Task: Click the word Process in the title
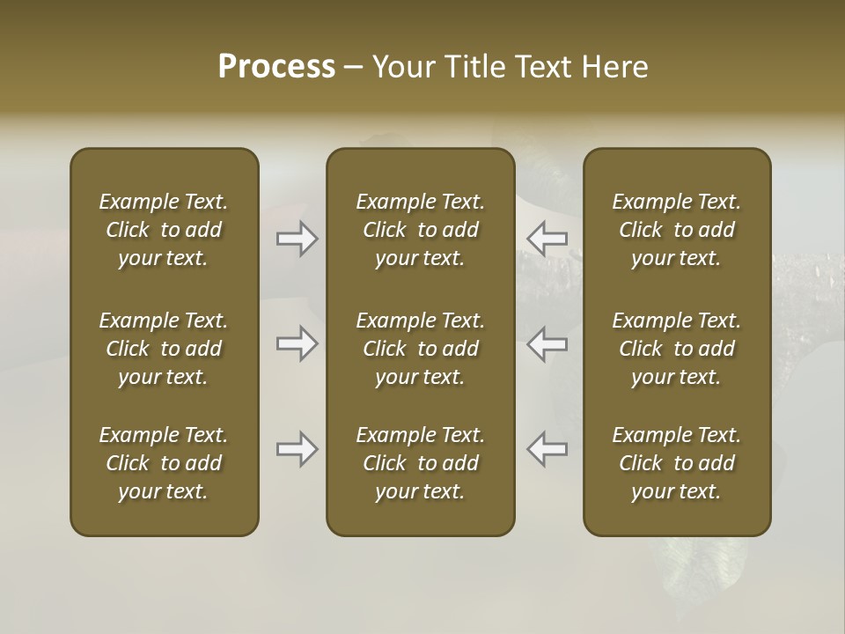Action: click(x=276, y=66)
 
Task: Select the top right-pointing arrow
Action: click(x=297, y=239)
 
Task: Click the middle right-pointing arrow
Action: click(x=297, y=343)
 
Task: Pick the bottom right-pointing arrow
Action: click(x=297, y=450)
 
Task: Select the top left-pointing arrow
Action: click(x=547, y=239)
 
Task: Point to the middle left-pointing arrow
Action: click(x=547, y=343)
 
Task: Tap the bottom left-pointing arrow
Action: click(x=547, y=450)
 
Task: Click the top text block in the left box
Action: click(x=164, y=230)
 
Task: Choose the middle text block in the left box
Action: click(x=164, y=349)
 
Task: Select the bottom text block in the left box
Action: click(x=164, y=463)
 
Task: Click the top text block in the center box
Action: click(x=421, y=230)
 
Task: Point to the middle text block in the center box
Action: click(x=421, y=349)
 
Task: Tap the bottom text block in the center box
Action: click(x=421, y=463)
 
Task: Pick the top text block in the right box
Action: click(x=677, y=230)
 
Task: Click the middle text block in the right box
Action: click(x=677, y=349)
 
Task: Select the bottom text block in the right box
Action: click(x=677, y=463)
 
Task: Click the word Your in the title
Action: click(x=402, y=66)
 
